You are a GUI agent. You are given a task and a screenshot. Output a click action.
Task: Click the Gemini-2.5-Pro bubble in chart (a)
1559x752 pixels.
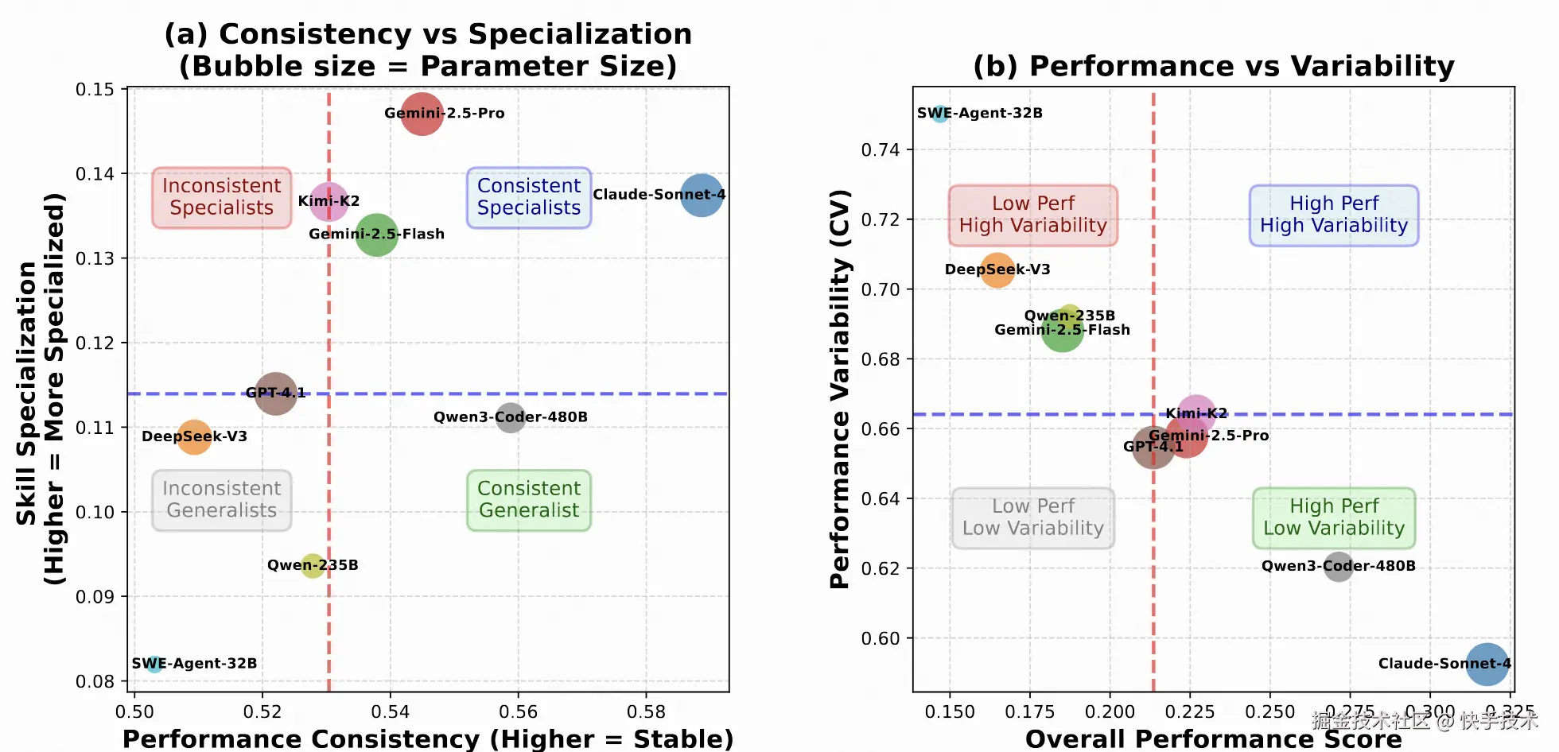422,114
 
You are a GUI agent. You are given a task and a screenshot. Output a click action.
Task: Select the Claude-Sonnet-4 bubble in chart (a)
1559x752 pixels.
701,195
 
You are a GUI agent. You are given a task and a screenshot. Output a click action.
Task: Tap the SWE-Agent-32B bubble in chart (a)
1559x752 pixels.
154,663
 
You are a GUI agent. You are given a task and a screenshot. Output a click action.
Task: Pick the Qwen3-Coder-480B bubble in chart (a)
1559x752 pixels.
510,417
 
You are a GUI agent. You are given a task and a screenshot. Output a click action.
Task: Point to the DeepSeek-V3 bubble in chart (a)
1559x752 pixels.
193,436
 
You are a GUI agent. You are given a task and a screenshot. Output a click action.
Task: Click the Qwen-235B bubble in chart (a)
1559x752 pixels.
313,565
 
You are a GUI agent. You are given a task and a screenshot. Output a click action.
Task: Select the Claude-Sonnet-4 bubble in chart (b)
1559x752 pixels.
1487,664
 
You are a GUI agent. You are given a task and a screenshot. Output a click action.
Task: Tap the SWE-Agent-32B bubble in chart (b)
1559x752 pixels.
939,113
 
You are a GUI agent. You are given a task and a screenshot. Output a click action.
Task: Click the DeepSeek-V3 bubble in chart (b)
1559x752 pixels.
997,270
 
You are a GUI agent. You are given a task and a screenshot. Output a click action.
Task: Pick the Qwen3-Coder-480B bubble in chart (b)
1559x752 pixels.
1338,566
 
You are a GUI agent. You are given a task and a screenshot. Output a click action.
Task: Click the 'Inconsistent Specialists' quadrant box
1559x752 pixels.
222,197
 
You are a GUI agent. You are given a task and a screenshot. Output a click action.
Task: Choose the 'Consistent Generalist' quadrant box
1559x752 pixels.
529,500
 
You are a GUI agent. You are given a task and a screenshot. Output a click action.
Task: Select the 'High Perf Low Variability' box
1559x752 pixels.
1334,517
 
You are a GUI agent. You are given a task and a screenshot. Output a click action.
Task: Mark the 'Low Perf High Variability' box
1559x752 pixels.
1032,215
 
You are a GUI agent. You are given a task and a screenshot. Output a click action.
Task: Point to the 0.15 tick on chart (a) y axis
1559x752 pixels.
95,89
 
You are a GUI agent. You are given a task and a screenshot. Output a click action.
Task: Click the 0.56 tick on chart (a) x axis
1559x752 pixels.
518,711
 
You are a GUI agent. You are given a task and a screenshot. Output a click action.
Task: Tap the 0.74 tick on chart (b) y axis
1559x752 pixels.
880,150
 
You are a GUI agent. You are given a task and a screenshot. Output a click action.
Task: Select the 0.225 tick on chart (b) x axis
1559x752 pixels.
1190,711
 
